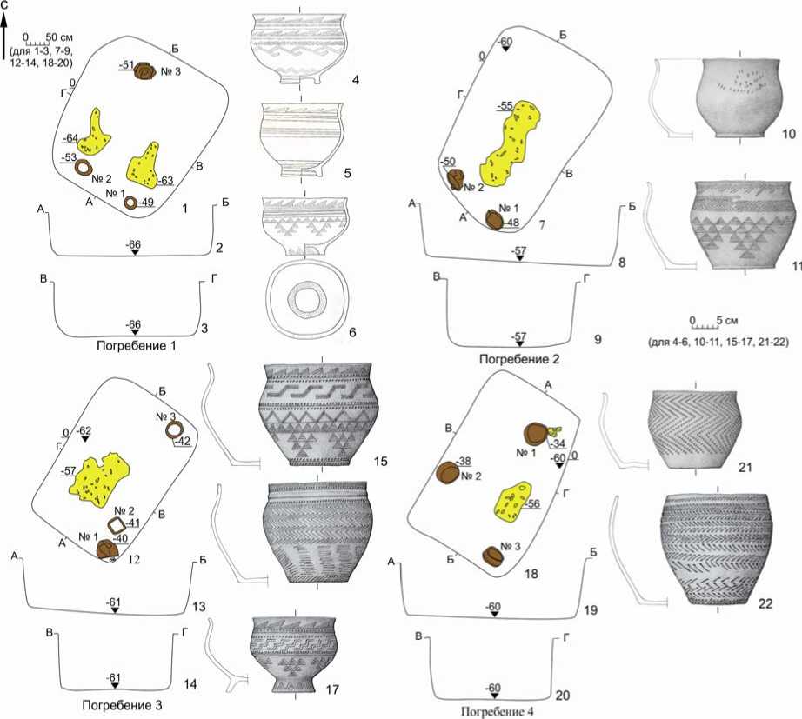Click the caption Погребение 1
136,346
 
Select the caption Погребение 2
519,359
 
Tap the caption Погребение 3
123,705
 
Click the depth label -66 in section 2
133,244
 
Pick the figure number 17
332,689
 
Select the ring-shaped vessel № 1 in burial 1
131,203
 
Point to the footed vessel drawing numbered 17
293,655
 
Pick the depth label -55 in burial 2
505,106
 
